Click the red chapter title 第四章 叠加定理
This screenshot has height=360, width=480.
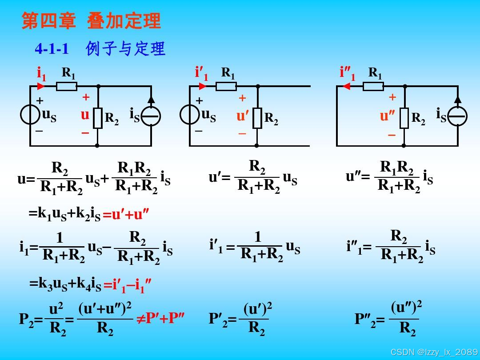click(x=91, y=21)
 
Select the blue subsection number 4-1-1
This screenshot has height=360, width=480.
click(x=52, y=48)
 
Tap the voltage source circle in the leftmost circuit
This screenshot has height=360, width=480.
click(x=30, y=115)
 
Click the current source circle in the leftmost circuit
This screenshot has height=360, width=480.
click(x=151, y=116)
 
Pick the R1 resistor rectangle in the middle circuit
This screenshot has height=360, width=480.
click(x=226, y=86)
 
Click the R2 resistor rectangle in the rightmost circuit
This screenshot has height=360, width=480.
click(x=404, y=118)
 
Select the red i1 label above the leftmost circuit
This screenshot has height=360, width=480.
click(x=41, y=74)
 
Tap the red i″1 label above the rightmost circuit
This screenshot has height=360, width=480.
click(x=348, y=73)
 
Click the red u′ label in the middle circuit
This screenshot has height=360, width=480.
click(x=243, y=116)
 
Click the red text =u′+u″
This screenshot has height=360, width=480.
click(x=126, y=215)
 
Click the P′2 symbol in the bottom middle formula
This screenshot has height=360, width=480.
click(x=218, y=319)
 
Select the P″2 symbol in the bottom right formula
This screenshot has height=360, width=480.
click(x=365, y=319)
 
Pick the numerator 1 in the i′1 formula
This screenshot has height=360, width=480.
click(x=258, y=237)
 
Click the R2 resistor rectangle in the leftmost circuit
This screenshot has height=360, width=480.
click(x=98, y=118)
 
